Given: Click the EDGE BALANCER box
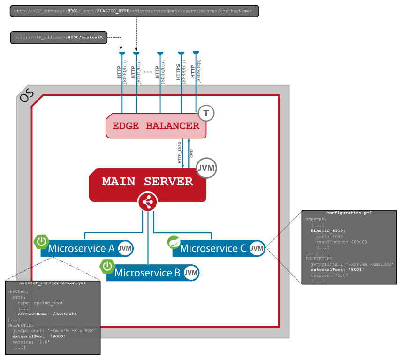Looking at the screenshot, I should tap(156, 126).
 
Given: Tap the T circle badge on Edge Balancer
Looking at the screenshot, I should tap(206, 113).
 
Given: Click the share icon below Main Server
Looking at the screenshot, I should tap(147, 202).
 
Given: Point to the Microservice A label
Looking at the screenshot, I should tap(81, 249).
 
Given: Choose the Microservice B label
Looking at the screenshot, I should tap(147, 273).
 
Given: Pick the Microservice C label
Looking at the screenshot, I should tap(213, 249).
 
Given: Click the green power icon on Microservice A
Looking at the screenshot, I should tap(42, 242).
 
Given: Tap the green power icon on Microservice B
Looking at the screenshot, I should tap(107, 266).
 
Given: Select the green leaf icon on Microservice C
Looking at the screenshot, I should tap(174, 242).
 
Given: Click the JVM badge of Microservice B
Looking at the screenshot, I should tap(191, 273).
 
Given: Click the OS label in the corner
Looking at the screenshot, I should tap(26, 96).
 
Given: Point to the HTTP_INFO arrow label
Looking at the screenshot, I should tap(180, 153).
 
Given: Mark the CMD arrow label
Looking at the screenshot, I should tap(191, 153).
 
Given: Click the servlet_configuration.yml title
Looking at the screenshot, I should tap(53, 283).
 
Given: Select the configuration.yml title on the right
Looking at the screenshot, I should tap(349, 213).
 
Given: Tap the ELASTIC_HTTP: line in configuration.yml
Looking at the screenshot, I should tap(328, 230).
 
